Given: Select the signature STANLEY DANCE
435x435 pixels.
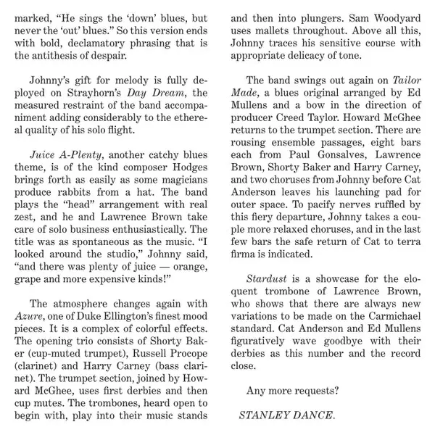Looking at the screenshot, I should (287, 415).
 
